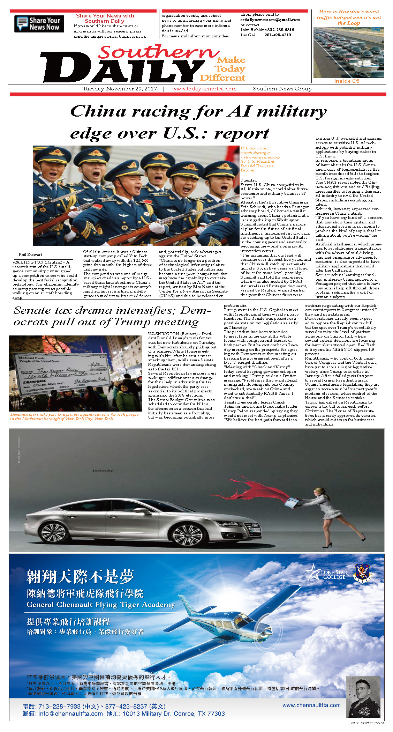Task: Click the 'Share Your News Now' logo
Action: coord(39,24)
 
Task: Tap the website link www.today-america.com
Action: coord(204,89)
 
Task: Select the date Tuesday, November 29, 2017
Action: coord(120,89)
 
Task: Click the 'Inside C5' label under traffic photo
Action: coord(346,81)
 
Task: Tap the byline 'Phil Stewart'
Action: coord(30,254)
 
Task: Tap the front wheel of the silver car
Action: coord(187,534)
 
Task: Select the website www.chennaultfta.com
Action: coord(311,705)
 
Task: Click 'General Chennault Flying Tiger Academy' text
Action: coord(100,605)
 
